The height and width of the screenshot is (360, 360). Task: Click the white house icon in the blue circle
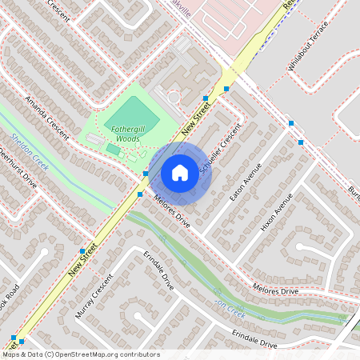tap(180, 172)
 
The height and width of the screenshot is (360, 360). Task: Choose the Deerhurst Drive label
tap(18, 167)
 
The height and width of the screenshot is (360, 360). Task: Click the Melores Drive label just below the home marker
tap(172, 211)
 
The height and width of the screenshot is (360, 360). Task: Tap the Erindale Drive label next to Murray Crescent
tap(158, 273)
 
